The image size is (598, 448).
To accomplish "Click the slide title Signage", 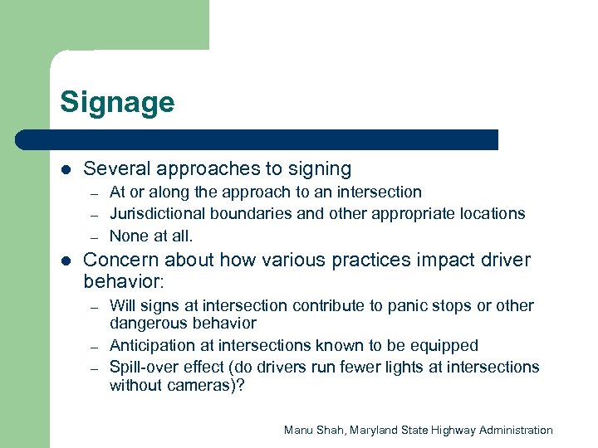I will (x=117, y=103).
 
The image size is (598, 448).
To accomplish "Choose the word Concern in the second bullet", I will (x=119, y=260).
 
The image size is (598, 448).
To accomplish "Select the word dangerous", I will (x=146, y=324).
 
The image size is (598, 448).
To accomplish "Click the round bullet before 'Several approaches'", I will (x=66, y=169).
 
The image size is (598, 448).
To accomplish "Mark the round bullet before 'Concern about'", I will (x=66, y=261).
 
